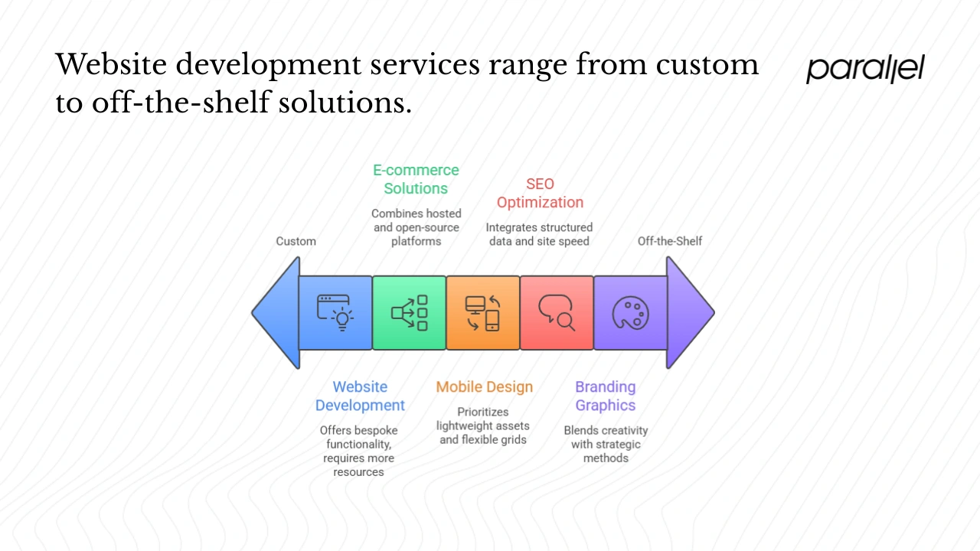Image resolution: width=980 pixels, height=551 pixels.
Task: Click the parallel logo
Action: pos(865,70)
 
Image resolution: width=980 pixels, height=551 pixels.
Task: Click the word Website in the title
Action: pos(111,64)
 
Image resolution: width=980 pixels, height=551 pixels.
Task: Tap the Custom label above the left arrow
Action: pos(296,241)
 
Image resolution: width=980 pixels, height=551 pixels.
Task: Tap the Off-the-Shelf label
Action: pos(669,241)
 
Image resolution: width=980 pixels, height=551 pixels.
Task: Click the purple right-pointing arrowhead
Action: pos(689,313)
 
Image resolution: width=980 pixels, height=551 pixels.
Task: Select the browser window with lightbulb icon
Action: pos(335,313)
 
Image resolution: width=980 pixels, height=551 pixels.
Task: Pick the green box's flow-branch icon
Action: pos(410,313)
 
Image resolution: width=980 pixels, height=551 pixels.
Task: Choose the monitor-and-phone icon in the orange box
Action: pos(483,313)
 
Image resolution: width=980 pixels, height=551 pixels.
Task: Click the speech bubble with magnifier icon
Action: pos(557,313)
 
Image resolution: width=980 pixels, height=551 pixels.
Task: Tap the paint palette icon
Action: pos(630,313)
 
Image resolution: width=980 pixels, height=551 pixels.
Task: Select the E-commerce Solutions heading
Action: pos(416,179)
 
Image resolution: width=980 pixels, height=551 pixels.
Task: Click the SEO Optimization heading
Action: pos(540,193)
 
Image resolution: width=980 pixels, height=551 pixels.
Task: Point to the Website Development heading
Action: pos(360,396)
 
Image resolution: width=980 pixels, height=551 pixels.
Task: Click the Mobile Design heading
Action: pos(484,387)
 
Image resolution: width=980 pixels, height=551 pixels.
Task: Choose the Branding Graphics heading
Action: pos(606,396)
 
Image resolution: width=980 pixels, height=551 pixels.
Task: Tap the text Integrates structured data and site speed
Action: pos(539,234)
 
